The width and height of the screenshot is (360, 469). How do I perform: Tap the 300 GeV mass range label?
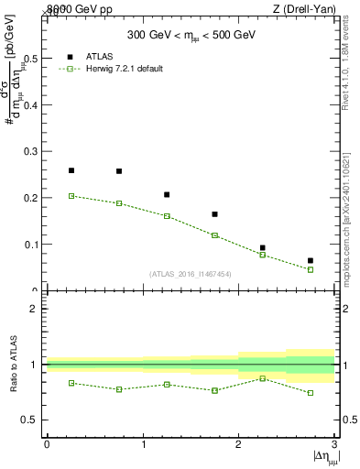click(189, 37)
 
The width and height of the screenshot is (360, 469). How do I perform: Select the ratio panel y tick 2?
click(35, 309)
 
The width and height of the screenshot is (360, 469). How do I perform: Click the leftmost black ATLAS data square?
click(71, 170)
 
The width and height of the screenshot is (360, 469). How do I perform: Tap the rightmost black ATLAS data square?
click(311, 261)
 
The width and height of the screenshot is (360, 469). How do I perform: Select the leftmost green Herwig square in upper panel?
click(71, 196)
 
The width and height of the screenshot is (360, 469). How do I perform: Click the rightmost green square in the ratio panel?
click(311, 393)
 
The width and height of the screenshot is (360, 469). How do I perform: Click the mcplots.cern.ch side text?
click(351, 220)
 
